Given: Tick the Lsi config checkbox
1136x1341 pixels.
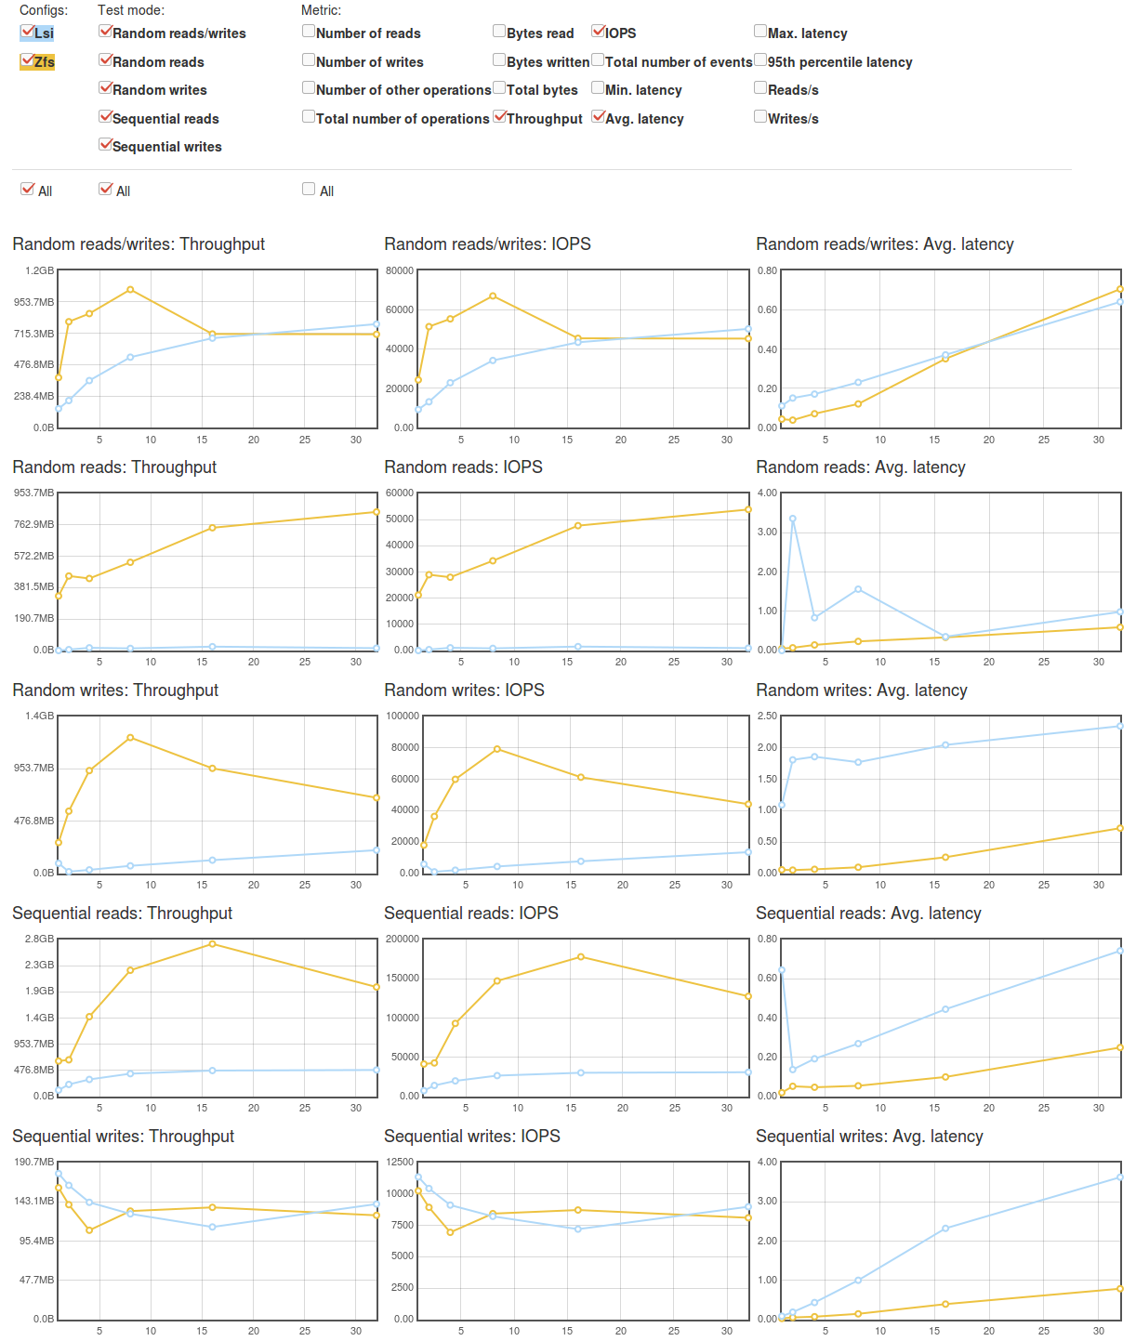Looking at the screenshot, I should click(x=27, y=32).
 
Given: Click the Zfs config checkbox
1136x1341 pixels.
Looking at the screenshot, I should click(x=27, y=60).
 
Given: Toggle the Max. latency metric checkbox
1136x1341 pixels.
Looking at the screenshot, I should click(x=760, y=32).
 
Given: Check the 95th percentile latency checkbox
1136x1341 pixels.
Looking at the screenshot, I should click(x=760, y=60).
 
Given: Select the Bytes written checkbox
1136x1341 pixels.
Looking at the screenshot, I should click(x=499, y=60).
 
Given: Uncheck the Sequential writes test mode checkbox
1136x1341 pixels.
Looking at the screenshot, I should click(x=105, y=145).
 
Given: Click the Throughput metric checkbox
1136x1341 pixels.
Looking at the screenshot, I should click(x=499, y=117).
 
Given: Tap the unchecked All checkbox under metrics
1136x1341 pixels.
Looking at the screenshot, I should click(x=309, y=189).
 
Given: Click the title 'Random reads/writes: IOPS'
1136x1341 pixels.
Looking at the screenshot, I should click(x=487, y=243).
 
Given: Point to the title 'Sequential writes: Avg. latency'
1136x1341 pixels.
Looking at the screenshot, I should click(x=869, y=1136).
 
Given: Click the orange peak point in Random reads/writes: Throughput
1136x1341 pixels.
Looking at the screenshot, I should click(x=130, y=289).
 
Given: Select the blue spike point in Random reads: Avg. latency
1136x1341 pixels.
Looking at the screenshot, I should click(x=792, y=519).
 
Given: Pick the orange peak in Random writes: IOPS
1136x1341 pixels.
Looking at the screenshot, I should click(x=497, y=749).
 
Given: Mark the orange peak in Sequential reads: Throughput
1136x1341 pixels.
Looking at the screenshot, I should click(x=212, y=943).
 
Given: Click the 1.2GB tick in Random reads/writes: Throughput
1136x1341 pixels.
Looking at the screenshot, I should click(x=39, y=270).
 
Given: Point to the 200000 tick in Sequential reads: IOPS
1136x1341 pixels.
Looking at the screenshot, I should click(x=402, y=939).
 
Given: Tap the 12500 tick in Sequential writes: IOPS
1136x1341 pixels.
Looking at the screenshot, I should click(x=399, y=1162).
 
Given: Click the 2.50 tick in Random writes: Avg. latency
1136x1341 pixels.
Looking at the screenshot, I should click(x=767, y=716).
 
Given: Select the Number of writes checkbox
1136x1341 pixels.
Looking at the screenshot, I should click(x=309, y=60).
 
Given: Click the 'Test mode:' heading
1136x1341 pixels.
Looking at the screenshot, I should click(x=131, y=10).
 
